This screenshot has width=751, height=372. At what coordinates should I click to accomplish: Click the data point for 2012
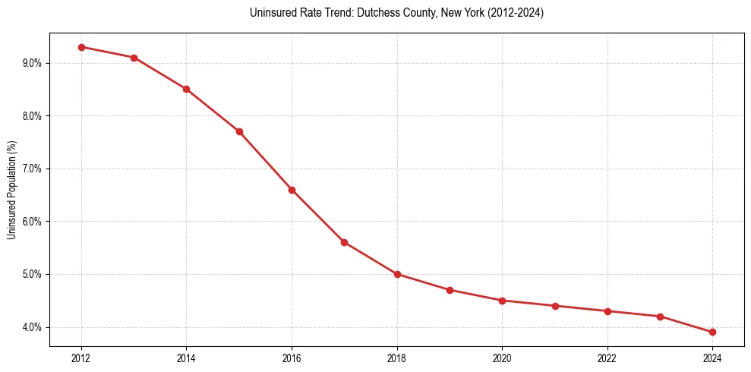(81, 47)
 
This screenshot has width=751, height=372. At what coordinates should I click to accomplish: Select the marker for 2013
(134, 58)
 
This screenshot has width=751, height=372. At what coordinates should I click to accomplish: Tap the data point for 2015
(239, 131)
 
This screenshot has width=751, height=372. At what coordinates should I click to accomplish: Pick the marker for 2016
(292, 190)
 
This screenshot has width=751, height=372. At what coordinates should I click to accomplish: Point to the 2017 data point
(344, 242)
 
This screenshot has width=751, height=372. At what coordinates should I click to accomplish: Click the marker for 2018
(397, 274)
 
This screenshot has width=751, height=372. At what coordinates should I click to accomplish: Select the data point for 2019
(450, 290)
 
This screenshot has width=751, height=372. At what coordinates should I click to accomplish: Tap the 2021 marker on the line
(555, 306)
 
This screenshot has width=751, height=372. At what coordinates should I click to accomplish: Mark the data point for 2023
(660, 317)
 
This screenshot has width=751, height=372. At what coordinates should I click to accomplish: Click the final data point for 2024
(712, 332)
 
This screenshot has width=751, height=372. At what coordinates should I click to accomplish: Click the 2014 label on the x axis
(186, 358)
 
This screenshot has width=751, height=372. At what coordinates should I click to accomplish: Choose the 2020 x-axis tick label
(502, 358)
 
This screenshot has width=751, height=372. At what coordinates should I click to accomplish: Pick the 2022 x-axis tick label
(607, 358)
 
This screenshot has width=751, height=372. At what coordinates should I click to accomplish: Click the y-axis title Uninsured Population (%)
(12, 190)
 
